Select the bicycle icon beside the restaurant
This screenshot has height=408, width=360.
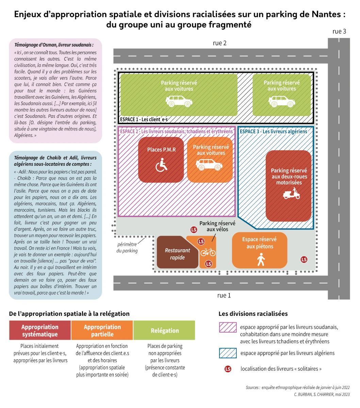pos(208,252)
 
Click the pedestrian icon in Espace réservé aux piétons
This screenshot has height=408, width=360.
pos(261,259)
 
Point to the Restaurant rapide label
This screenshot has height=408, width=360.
pos(177,254)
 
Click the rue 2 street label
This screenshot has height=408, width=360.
pos(219,43)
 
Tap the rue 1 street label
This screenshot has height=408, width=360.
pos(224,295)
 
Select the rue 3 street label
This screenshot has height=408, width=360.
pos(339,31)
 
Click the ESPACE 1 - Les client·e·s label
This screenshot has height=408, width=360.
pos(144,119)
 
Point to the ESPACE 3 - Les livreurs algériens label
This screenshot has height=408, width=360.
pos(273,132)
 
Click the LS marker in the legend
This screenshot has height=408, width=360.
pos(228,369)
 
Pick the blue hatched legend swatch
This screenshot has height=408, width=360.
pos(228,353)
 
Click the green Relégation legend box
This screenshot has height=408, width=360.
pos(164,330)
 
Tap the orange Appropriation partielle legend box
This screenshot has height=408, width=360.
pos(102,330)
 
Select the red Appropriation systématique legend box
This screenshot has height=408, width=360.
pos(40,330)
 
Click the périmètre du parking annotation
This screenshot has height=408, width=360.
pos(127,248)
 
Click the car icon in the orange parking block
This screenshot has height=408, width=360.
pos(209,165)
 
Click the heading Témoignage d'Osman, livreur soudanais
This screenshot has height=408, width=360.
pos(54,45)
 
